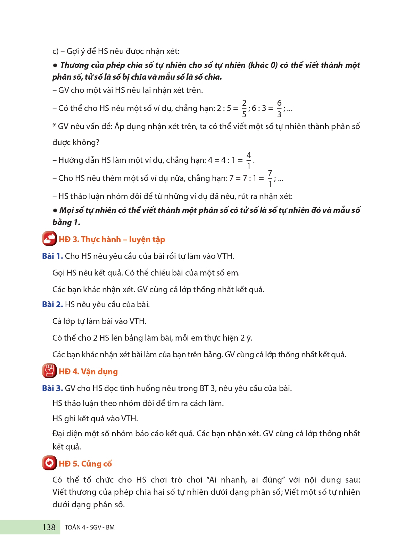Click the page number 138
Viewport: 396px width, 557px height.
49,527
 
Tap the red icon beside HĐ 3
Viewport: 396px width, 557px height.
49,239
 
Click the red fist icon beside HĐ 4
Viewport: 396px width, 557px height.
49,371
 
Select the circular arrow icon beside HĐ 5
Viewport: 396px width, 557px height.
49,463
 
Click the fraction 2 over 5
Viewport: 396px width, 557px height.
244,108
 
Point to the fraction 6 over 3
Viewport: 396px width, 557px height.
279,108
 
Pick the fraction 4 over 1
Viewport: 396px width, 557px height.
249,160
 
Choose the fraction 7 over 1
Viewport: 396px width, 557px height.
270,178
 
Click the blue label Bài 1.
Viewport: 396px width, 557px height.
52,256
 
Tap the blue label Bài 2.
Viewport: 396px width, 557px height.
52,304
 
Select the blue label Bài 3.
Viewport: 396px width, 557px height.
52,388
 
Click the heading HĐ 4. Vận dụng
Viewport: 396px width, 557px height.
88,372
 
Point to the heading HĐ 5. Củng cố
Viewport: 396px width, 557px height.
85,464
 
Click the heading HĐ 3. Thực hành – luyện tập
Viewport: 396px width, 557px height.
112,239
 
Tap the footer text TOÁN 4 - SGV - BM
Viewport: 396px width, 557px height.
90,527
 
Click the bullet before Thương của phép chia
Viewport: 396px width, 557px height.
55,65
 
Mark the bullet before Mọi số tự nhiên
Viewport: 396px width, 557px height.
55,210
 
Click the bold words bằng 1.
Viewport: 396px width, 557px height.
66,222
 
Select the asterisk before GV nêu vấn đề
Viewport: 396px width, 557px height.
54,126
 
